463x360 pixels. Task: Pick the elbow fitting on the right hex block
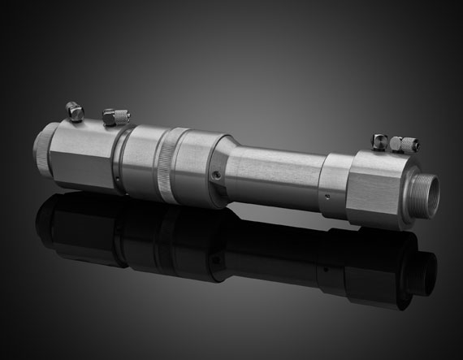(x=379, y=141)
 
